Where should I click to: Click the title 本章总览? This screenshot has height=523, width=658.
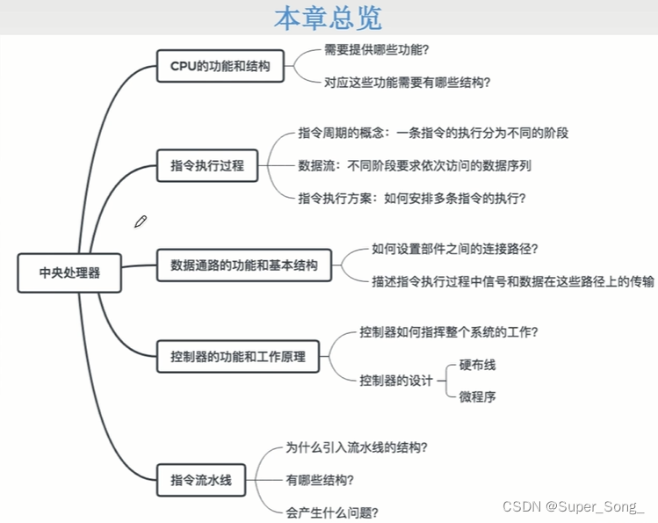click(328, 18)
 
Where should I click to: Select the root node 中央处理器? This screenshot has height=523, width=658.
click(69, 272)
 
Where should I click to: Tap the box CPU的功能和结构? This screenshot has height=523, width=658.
click(221, 66)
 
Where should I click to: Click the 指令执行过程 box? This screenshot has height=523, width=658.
click(207, 164)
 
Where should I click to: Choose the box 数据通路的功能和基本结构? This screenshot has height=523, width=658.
click(244, 264)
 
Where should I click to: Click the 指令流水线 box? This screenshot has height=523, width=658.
click(200, 480)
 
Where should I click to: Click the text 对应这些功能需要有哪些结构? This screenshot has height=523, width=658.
click(407, 83)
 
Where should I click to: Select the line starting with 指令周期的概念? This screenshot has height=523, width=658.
click(434, 134)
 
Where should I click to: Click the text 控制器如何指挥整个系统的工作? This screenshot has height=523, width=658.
click(449, 333)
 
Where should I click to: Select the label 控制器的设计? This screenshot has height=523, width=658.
click(396, 381)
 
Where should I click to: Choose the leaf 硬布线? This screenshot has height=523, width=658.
click(477, 365)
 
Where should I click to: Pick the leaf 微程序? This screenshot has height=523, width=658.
click(477, 396)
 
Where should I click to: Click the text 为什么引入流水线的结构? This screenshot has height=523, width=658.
click(357, 447)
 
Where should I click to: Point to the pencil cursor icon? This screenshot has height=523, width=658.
click(141, 222)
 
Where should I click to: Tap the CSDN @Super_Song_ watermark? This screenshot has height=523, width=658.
click(573, 506)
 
